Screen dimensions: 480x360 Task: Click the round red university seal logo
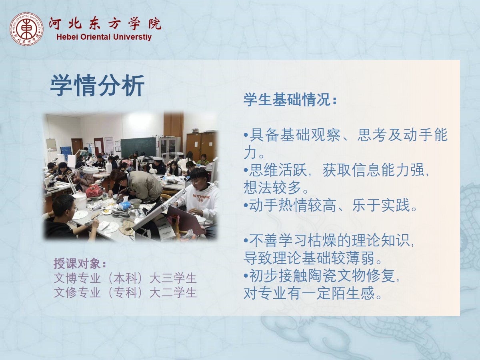click(x=26, y=29)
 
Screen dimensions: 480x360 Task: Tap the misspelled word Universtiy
click(x=132, y=37)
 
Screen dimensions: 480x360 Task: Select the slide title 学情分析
click(x=97, y=85)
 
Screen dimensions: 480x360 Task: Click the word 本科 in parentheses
click(x=125, y=278)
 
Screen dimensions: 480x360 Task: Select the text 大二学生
click(x=173, y=292)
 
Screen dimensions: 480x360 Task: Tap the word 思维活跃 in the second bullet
click(x=278, y=170)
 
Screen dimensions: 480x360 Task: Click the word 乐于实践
click(x=381, y=205)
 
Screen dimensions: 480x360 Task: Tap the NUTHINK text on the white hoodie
click(x=201, y=196)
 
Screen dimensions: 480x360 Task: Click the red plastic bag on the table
click(x=94, y=191)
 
